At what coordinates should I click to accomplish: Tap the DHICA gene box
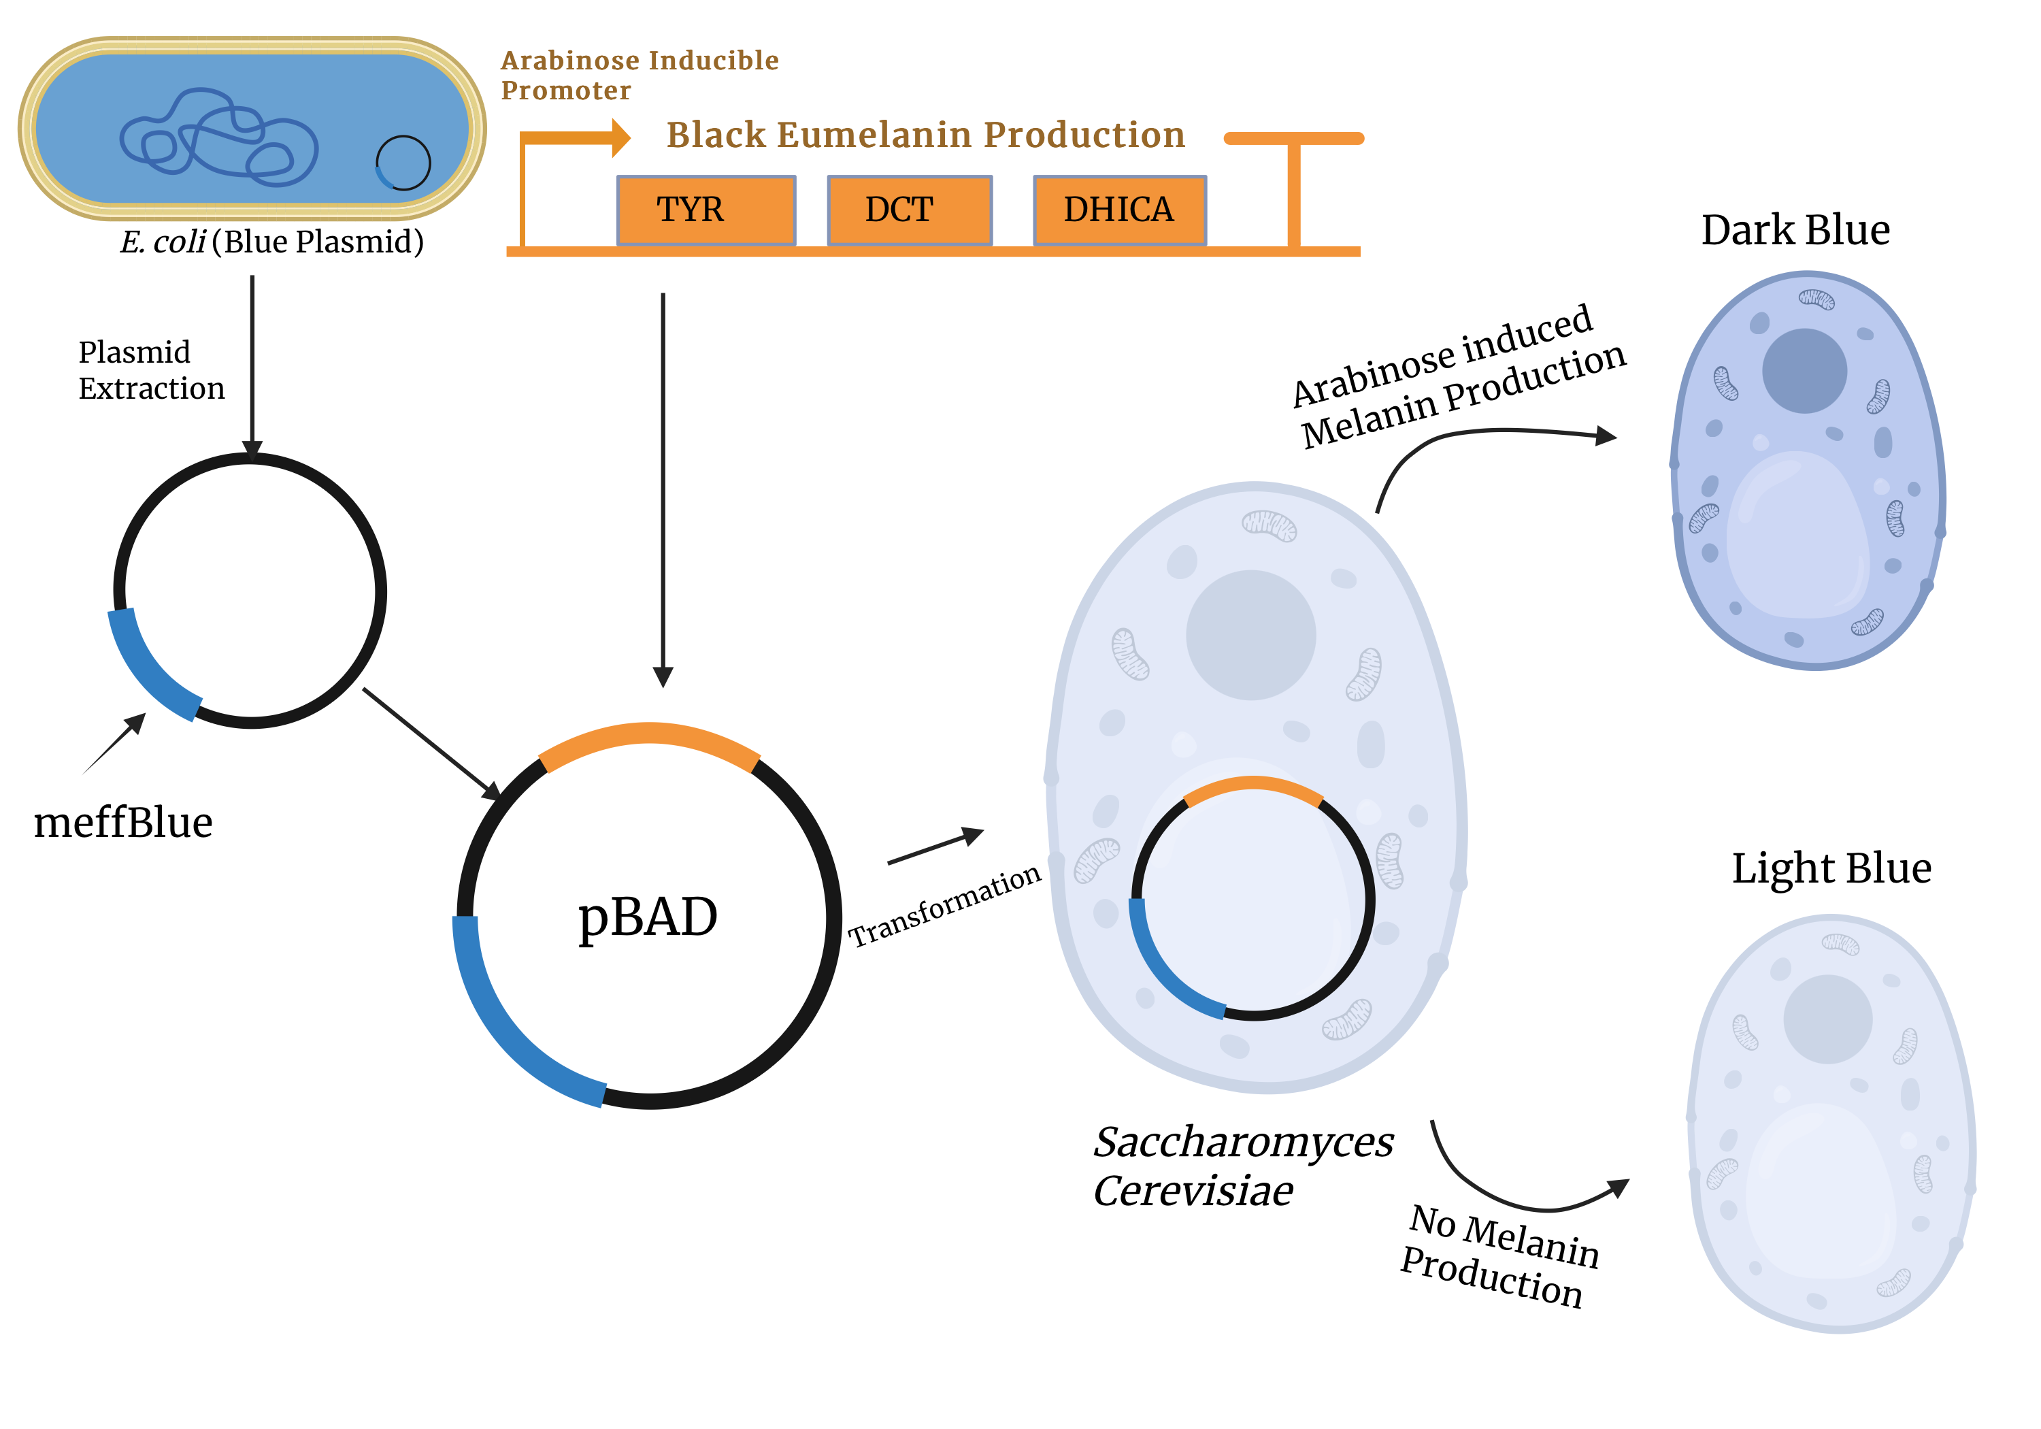(1119, 210)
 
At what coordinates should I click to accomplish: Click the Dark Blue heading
(1795, 230)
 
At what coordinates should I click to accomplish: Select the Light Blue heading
(1831, 868)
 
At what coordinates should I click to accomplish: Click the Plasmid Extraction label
(151, 370)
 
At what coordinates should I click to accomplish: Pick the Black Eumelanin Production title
(925, 135)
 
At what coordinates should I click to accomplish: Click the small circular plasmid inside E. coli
(403, 163)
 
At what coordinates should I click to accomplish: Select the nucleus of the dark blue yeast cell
(1804, 371)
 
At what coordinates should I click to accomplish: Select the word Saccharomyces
(1243, 1143)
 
